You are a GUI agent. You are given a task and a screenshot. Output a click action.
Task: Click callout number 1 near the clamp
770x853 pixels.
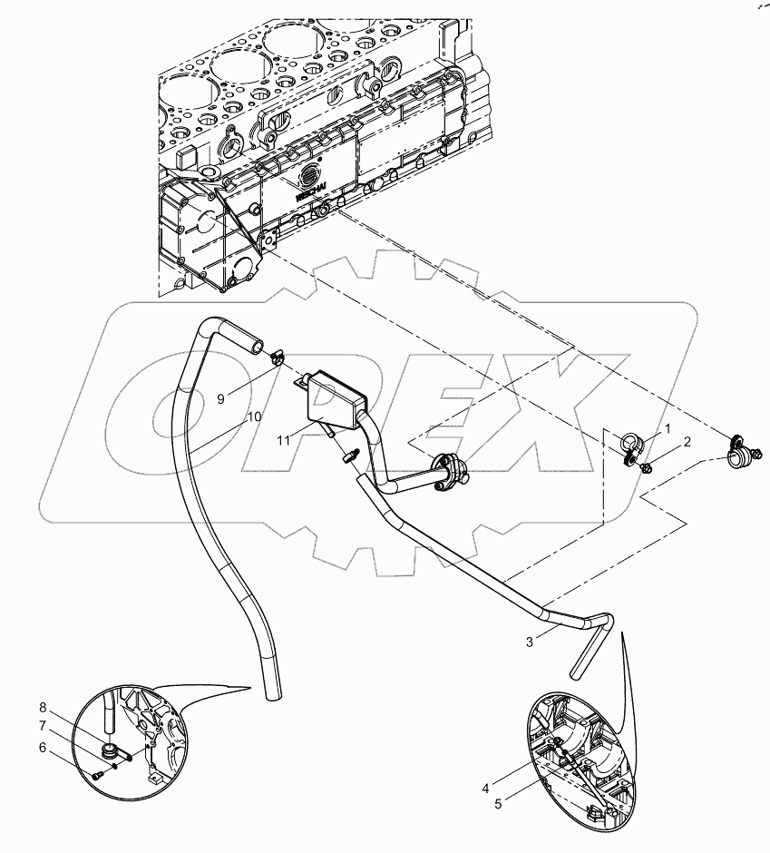pos(667,427)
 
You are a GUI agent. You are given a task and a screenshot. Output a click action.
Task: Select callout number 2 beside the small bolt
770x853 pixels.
pos(687,442)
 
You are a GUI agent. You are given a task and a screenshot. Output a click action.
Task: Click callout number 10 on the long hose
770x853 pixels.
pos(255,417)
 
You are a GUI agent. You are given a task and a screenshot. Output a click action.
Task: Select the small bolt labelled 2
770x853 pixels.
pos(647,467)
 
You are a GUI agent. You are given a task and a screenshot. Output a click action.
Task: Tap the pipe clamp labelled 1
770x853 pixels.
pos(631,446)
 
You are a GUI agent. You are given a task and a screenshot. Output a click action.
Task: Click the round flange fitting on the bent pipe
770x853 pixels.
pos(448,472)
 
